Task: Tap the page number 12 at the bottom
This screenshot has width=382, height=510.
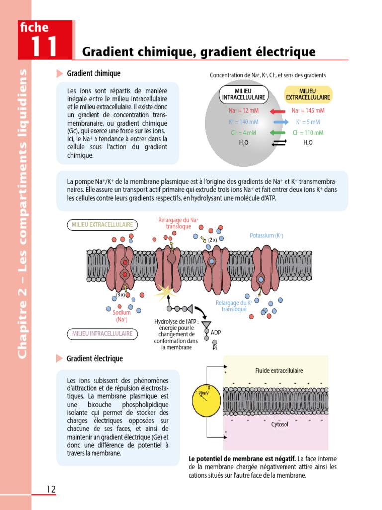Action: click(x=51, y=489)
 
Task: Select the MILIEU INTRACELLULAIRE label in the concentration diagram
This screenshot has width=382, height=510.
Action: click(x=243, y=94)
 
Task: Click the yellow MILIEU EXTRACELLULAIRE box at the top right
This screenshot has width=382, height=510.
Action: click(x=308, y=94)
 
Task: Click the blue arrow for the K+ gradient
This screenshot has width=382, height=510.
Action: click(x=281, y=122)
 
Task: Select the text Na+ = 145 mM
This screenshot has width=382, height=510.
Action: click(x=308, y=111)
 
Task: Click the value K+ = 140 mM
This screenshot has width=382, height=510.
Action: click(x=243, y=122)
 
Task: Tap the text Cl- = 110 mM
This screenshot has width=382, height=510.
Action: click(x=308, y=133)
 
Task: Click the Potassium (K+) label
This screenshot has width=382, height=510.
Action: click(x=266, y=235)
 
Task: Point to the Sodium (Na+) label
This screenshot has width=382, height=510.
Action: click(x=122, y=316)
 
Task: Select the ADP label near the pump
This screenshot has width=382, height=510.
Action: click(x=216, y=332)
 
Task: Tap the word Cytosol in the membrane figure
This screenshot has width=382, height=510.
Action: click(x=280, y=424)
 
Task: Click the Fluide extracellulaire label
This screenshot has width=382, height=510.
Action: click(x=279, y=371)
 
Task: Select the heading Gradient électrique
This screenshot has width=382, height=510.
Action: click(x=95, y=358)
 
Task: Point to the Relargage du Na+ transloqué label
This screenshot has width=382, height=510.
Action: click(x=178, y=223)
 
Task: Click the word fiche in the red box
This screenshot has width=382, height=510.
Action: click(x=35, y=28)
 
